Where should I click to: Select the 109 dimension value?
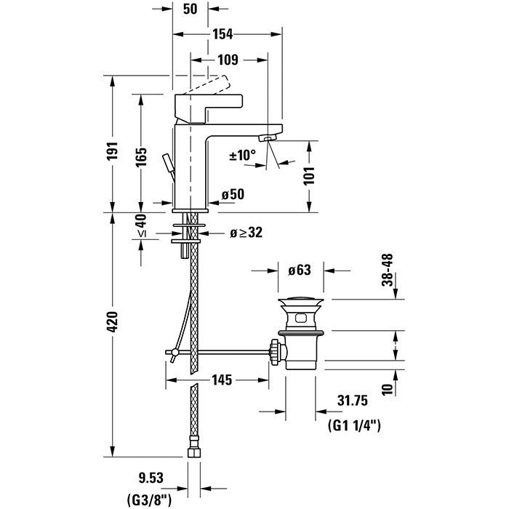[227, 60]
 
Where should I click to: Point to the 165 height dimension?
[143, 156]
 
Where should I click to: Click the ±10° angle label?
[243, 155]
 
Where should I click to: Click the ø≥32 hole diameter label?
[245, 233]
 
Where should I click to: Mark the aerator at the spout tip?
[270, 138]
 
